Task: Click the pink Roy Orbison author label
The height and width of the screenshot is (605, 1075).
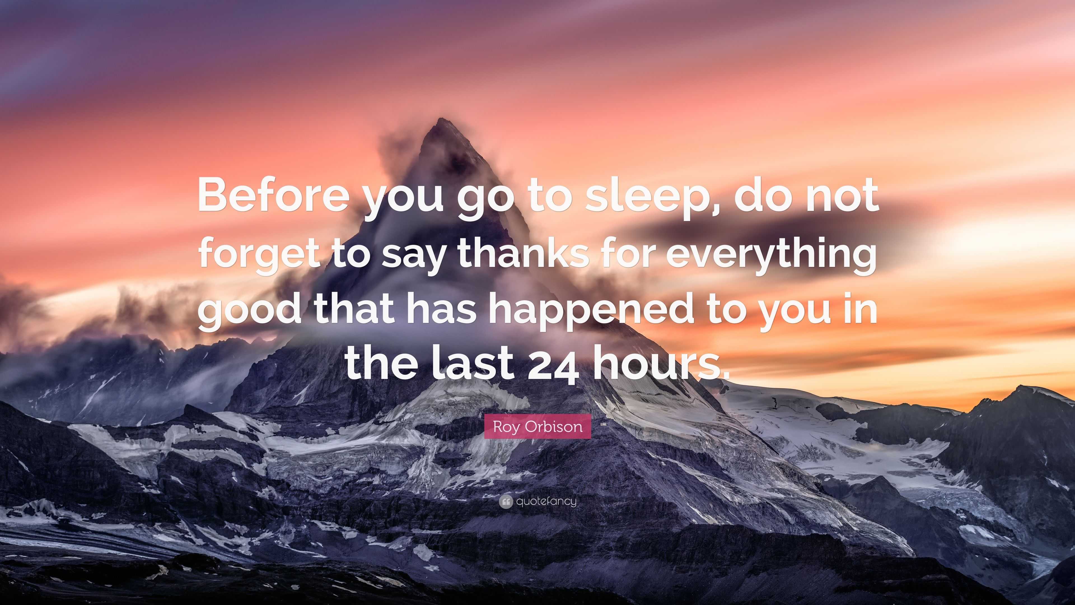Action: coord(537,426)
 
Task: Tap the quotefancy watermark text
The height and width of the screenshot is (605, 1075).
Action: coord(546,501)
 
